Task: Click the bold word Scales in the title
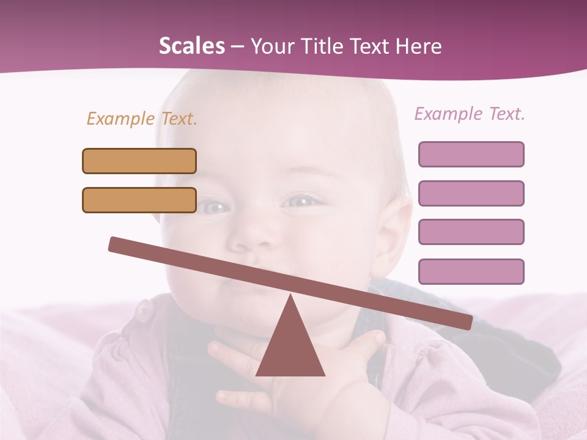191,46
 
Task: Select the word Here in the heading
419,46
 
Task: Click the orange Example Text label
142,119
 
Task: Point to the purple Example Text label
470,114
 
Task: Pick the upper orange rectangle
139,161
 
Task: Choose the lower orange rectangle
139,200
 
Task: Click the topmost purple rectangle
471,154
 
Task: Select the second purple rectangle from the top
471,193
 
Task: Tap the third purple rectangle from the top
471,232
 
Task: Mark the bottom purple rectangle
471,271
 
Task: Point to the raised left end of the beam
116,244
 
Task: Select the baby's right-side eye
301,200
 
